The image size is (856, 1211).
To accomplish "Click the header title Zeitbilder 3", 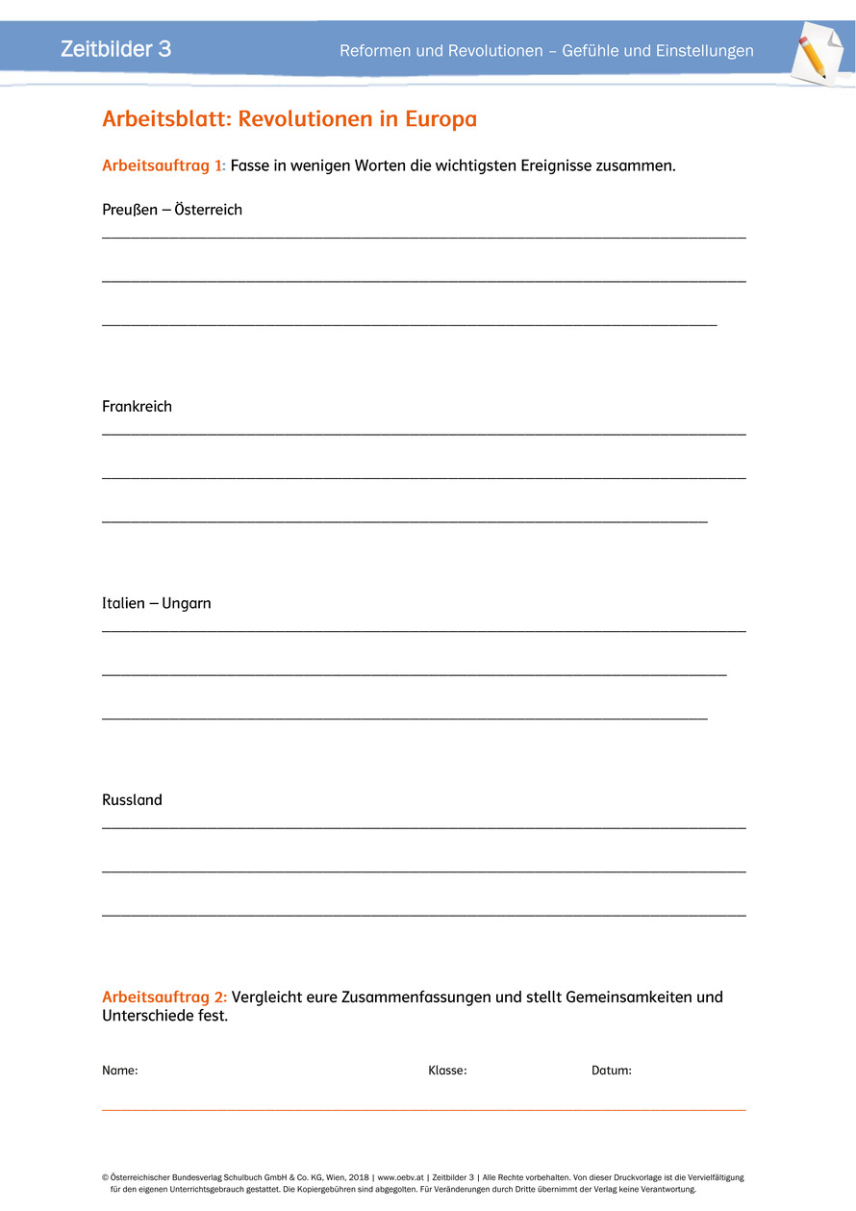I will (115, 49).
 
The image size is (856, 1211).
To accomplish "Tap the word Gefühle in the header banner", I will (590, 51).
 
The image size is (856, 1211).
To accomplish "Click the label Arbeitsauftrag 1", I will (164, 165).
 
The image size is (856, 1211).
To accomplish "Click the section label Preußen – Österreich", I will (172, 210).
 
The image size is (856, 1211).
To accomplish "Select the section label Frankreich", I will (137, 407).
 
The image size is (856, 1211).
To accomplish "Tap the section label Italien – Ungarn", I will (157, 604).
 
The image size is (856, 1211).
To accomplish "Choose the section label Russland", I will (132, 800).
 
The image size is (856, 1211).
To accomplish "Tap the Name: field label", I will (120, 1071).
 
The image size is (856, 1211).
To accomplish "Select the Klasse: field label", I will (447, 1071).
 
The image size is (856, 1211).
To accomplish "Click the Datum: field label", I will (612, 1071).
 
